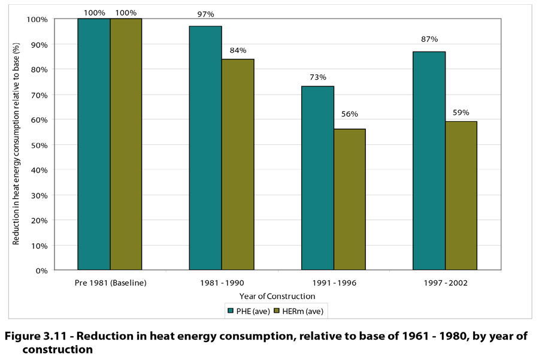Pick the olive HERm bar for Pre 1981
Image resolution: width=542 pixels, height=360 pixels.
[x=126, y=144]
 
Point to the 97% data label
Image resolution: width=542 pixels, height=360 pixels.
[x=205, y=14]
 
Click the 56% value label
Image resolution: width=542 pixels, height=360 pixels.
[x=349, y=114]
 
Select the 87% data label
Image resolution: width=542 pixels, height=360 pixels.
[x=429, y=39]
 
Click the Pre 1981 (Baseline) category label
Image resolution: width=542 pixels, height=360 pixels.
[x=110, y=282]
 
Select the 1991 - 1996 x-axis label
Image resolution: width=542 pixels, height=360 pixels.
[x=334, y=282]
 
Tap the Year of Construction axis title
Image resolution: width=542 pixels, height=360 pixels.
[x=277, y=296]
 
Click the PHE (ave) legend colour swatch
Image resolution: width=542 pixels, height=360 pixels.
[x=230, y=311]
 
